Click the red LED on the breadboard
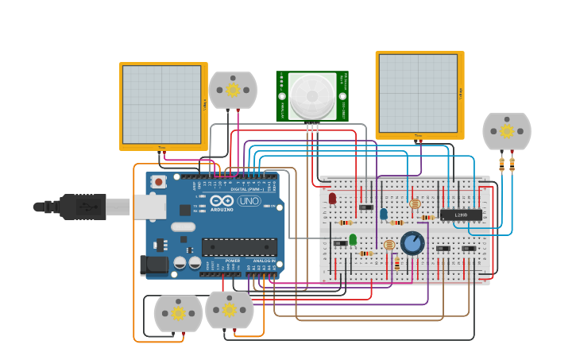332,198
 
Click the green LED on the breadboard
353,239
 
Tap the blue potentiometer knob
412,242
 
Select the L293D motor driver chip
461,215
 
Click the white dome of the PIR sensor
311,96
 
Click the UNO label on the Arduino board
249,201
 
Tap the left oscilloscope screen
161,104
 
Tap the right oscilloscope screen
418,93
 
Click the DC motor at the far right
506,132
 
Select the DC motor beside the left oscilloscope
233,90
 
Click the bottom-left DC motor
178,313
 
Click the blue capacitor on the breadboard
384,214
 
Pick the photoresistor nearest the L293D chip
414,204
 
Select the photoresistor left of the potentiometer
389,245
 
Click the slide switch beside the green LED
340,243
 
